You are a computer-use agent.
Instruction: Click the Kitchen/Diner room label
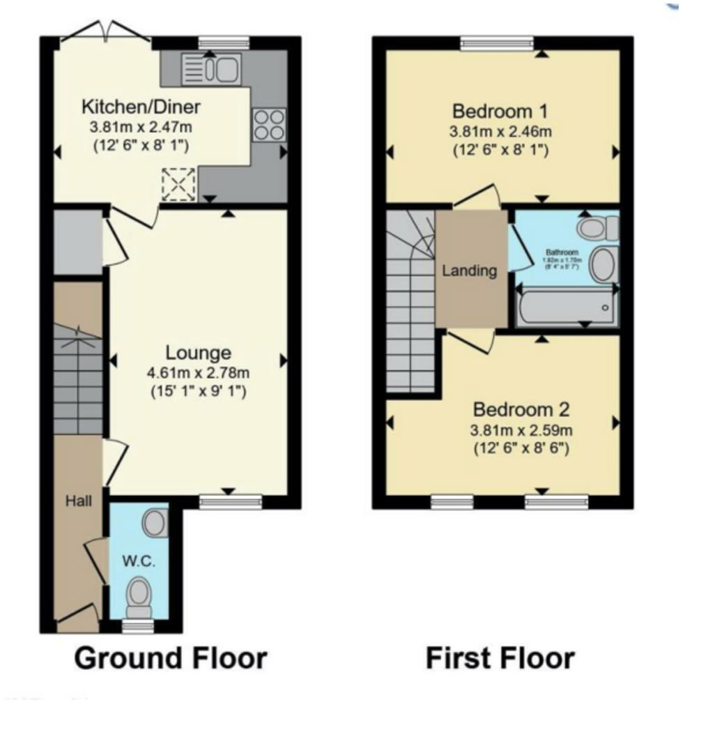pos(141,107)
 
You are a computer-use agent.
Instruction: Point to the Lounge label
pos(198,352)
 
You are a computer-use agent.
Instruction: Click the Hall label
pos(79,500)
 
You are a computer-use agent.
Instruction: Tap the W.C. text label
pos(139,561)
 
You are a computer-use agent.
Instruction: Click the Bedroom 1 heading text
pos(500,111)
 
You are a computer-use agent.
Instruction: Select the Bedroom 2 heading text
pos(521,409)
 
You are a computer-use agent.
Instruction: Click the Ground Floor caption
pos(170,658)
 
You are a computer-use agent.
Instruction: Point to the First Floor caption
pos(500,658)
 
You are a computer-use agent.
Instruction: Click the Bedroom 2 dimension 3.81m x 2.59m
pos(521,429)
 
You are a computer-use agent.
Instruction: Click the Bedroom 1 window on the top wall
pos(497,43)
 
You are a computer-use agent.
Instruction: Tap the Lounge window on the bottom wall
pos(231,501)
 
